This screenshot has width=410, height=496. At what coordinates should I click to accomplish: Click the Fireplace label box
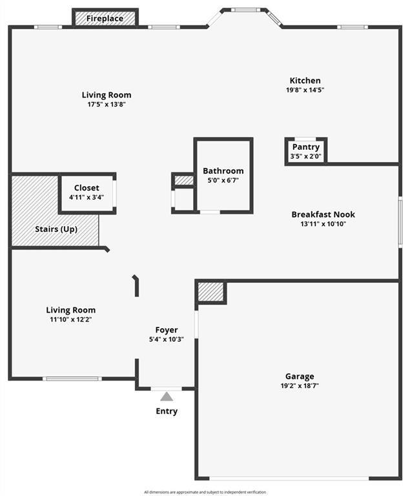[x=105, y=18]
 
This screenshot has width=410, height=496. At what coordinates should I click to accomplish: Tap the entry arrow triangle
[x=167, y=397]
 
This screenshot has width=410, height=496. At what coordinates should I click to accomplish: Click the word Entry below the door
[x=167, y=411]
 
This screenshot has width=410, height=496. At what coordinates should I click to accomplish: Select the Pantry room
[x=305, y=151]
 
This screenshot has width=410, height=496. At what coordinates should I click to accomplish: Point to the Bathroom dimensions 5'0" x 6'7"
[x=223, y=180]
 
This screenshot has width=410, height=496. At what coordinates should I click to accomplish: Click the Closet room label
[x=87, y=187]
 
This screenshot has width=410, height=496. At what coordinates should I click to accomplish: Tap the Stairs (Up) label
[x=56, y=229]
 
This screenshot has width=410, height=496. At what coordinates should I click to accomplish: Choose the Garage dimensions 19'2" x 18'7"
[x=300, y=386]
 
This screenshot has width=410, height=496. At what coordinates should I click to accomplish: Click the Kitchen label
[x=305, y=80]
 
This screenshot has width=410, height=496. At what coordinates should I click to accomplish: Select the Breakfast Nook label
[x=323, y=214]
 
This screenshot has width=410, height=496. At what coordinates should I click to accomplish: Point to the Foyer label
[x=167, y=330]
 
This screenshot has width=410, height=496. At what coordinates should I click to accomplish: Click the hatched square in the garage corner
[x=210, y=292]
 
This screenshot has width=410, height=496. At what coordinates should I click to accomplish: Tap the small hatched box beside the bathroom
[x=184, y=180]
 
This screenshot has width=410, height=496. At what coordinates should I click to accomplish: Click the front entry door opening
[x=166, y=388]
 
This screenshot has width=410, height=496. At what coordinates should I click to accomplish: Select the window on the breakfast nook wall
[x=400, y=222]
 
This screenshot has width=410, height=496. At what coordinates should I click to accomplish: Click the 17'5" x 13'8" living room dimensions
[x=107, y=105]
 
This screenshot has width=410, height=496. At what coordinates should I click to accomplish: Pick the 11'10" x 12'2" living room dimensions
[x=71, y=320]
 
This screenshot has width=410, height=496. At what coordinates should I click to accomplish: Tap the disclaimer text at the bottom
[x=205, y=492]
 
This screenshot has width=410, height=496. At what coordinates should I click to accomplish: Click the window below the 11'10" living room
[x=72, y=378]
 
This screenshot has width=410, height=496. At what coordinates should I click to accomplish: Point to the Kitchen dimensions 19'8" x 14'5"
[x=305, y=90]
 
